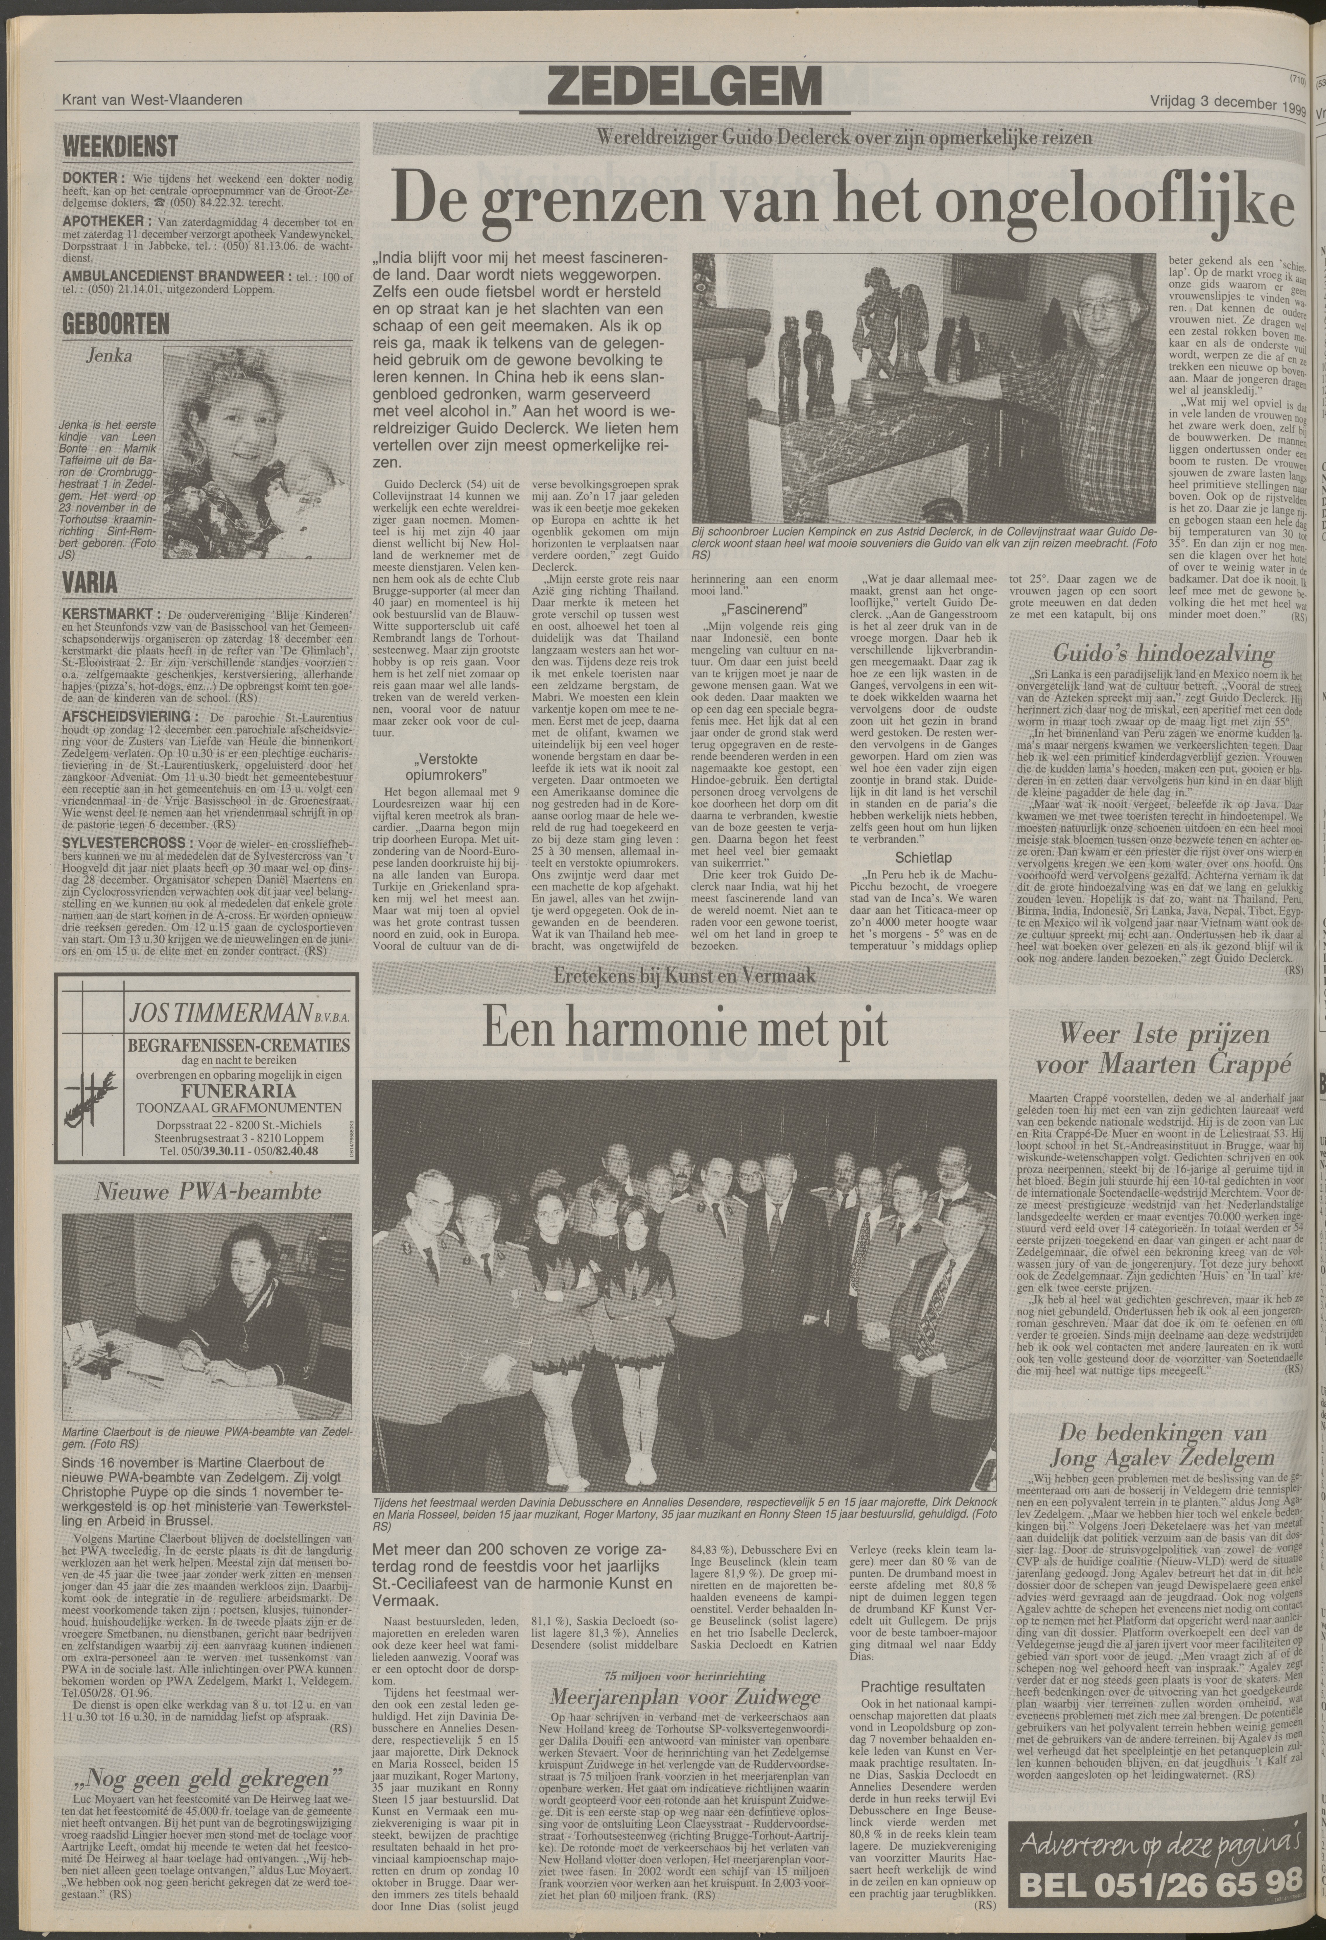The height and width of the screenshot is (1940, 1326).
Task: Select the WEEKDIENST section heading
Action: (120, 147)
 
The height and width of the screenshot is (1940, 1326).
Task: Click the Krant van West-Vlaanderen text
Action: (153, 99)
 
